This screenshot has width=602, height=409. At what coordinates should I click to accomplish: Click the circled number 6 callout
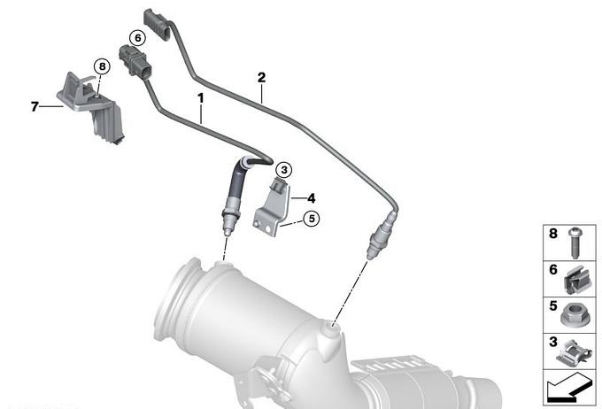coord(137,38)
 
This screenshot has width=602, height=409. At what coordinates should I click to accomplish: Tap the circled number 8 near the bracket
coord(102,66)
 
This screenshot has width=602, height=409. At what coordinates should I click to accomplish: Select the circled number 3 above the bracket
coord(284,169)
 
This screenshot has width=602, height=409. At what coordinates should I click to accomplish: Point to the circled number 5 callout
coord(312,219)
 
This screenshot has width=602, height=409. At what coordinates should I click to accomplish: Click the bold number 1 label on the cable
coord(201,98)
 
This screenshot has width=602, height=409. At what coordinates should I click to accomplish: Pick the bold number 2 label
coord(261,78)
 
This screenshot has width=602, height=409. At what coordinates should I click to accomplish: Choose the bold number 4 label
coord(312,198)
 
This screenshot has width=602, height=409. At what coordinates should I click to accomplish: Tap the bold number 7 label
coord(35,106)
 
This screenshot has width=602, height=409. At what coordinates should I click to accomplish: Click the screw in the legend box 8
coord(575,243)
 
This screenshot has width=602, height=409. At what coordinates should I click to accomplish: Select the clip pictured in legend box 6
coord(577,280)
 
